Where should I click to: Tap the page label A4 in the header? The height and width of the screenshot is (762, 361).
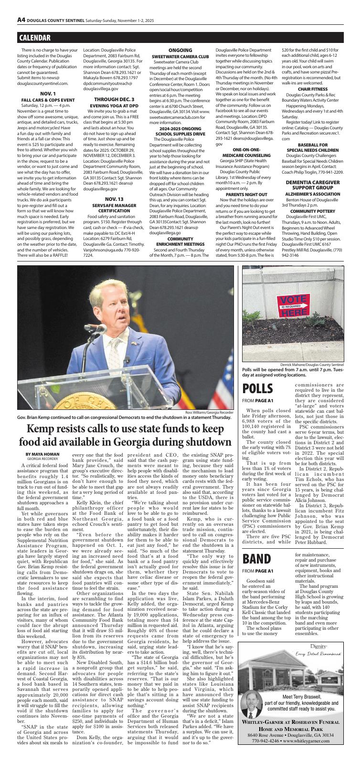(21, 20)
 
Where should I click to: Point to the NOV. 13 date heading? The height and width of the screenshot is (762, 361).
(114, 185)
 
